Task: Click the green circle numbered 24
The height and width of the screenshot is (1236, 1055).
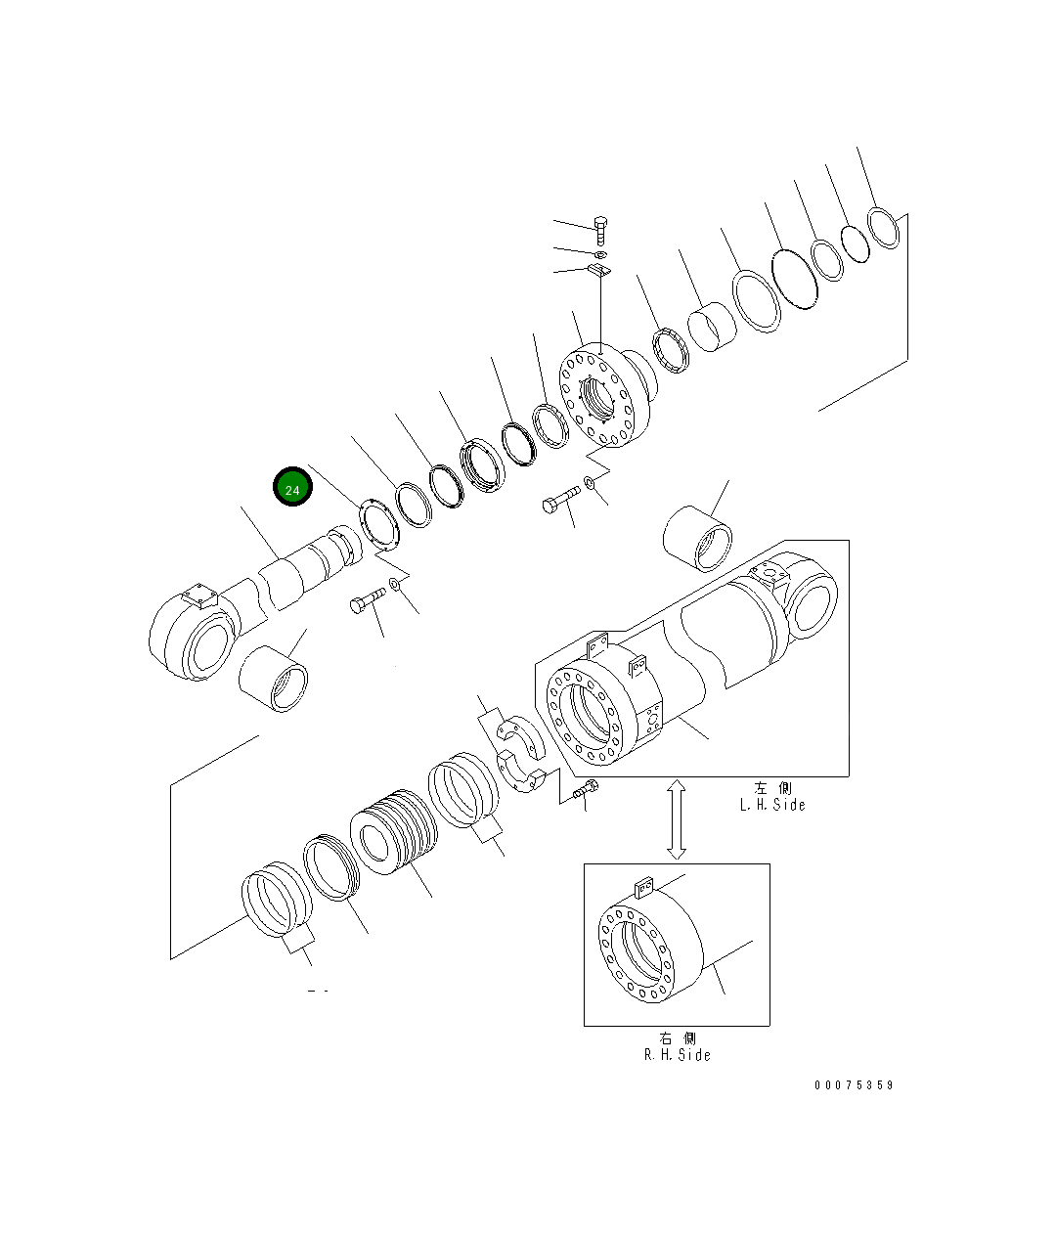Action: (x=292, y=487)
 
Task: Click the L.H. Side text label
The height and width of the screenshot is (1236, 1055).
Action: (x=772, y=805)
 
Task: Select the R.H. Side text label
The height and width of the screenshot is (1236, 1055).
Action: (x=678, y=1055)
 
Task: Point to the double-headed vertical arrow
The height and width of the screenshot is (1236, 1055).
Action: (x=677, y=819)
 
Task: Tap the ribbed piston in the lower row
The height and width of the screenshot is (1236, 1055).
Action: (x=393, y=832)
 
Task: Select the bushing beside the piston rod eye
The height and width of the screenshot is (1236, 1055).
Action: (x=274, y=679)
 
